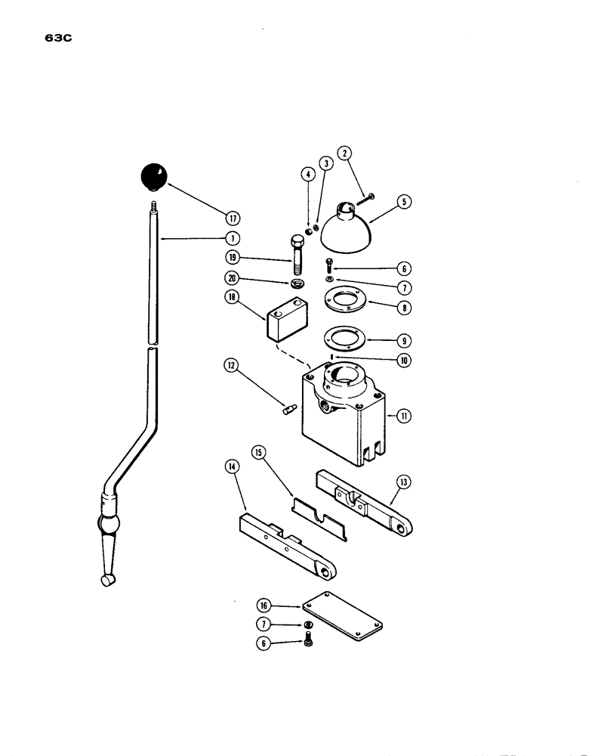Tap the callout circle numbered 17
point(233,218)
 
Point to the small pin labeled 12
point(288,410)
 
